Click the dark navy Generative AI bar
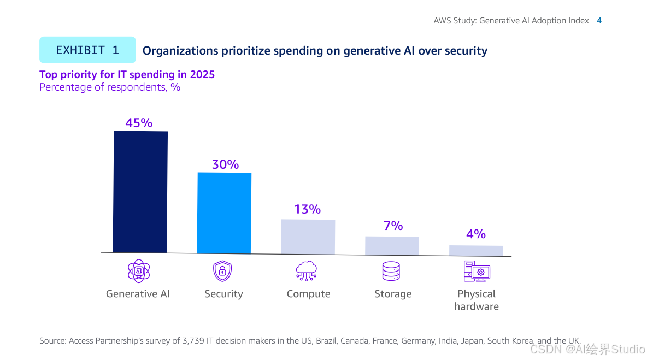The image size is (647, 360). click(140, 192)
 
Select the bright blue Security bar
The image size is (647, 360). click(224, 213)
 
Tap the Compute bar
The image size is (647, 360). click(308, 237)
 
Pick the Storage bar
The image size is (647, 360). click(392, 245)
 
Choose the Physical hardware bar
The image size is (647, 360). click(476, 250)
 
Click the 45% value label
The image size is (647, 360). click(139, 123)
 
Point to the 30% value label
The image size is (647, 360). click(225, 164)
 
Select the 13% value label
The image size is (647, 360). click(307, 209)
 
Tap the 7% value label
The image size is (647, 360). click(393, 226)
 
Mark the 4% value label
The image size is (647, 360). click(476, 234)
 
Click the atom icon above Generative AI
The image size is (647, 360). click(138, 271)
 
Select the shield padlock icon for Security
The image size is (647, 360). click(222, 271)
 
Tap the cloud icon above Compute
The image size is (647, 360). click(307, 271)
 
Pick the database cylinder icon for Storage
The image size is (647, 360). click(391, 271)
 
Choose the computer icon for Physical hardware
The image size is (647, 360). click(477, 271)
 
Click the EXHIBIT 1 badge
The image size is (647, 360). click(87, 50)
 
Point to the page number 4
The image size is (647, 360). click(599, 21)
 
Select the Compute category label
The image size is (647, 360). click(308, 294)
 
